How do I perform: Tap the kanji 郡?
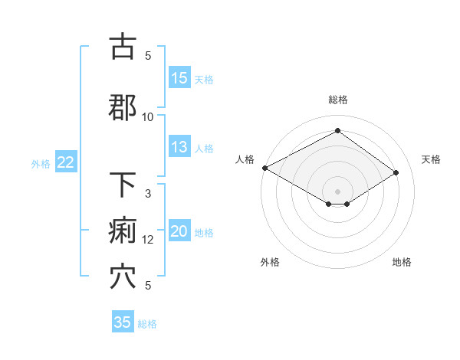pyautogui.click(x=123, y=108)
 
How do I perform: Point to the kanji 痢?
pyautogui.click(x=123, y=231)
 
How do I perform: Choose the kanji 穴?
pyautogui.click(x=123, y=277)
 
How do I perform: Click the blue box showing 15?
pyautogui.click(x=179, y=78)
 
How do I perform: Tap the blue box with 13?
pyautogui.click(x=179, y=148)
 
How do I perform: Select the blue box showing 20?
pyautogui.click(x=179, y=232)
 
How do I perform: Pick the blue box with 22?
pyautogui.click(x=66, y=162)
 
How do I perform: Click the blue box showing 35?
pyautogui.click(x=123, y=322)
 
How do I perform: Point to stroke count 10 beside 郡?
pyautogui.click(x=148, y=116)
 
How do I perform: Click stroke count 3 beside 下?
pyautogui.click(x=148, y=194)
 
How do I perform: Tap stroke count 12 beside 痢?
pyautogui.click(x=148, y=240)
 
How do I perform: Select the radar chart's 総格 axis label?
pyautogui.click(x=337, y=100)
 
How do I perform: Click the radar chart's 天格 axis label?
pyautogui.click(x=431, y=159)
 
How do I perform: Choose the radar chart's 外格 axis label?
pyautogui.click(x=269, y=262)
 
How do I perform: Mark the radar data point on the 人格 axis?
pyautogui.click(x=264, y=168)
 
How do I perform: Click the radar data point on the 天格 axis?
pyautogui.click(x=396, y=172)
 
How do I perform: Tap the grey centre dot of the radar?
pyautogui.click(x=337, y=191)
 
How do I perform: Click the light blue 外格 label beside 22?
pyautogui.click(x=41, y=163)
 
